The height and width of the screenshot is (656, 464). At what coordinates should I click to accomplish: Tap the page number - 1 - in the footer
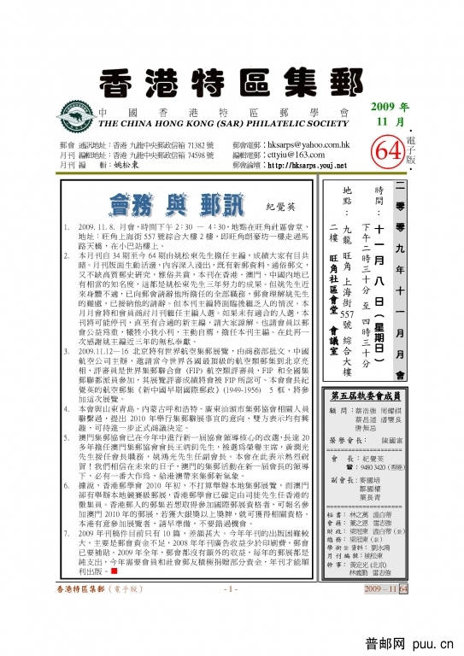pyautogui.click(x=230, y=637)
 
